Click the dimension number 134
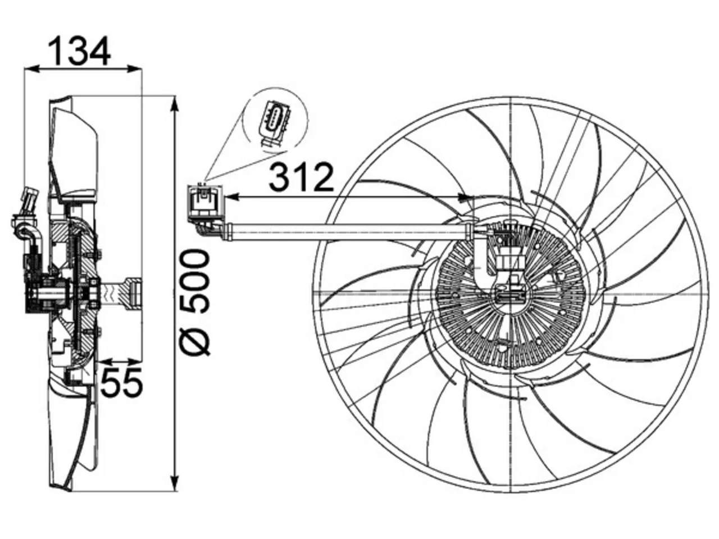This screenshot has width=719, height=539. point(80,52)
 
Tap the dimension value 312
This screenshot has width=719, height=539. point(301,177)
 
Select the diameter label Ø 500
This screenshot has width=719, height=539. point(195,302)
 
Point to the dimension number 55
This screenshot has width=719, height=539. point(121,382)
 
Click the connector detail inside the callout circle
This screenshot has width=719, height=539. point(274,125)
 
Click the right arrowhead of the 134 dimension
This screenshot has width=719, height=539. point(135,69)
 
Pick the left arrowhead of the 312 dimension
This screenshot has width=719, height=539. point(233,197)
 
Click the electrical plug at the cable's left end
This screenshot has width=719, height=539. point(205,201)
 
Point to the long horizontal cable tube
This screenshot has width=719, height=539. point(351,232)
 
